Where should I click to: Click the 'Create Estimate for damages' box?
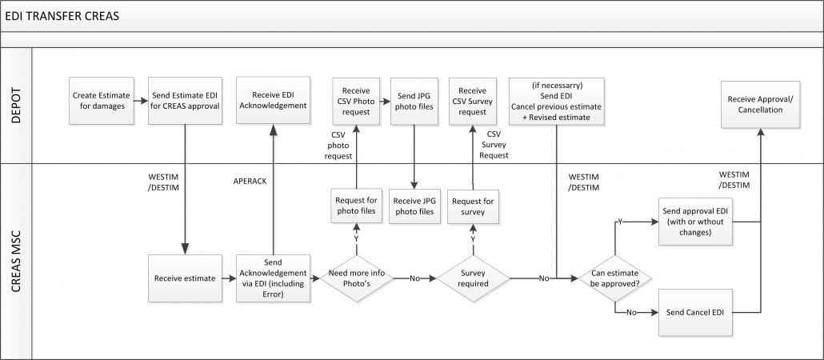102,101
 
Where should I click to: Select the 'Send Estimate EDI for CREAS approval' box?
186,101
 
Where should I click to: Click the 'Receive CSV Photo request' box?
356,101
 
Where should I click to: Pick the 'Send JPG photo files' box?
414,101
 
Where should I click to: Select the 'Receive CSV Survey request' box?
473,101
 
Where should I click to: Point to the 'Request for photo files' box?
356,206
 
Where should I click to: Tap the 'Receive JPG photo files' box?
414,206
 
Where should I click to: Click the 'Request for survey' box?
473,206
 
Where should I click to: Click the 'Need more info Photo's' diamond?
356,278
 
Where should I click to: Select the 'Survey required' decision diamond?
473,278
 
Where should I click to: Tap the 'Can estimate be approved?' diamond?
614,278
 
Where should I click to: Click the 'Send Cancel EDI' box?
695,310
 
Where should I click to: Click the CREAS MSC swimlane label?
16,260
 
